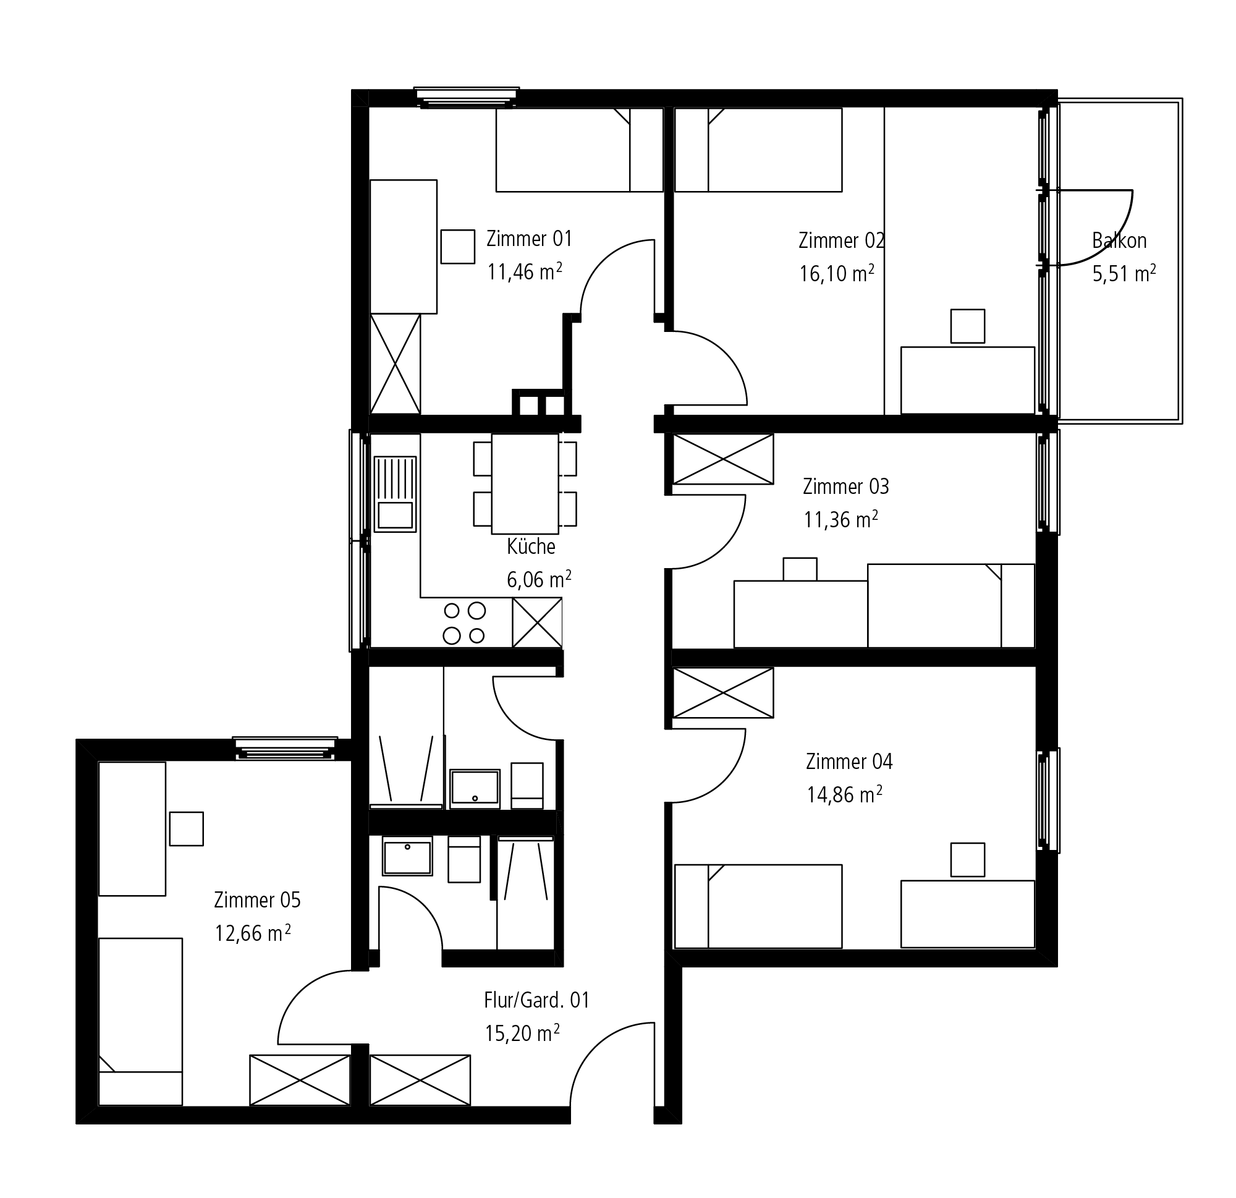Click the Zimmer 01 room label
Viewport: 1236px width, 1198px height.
pos(529,239)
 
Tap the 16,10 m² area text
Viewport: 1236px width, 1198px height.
pos(837,273)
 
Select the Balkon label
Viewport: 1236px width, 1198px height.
pos(1119,240)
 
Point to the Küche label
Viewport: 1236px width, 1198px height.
pos(531,546)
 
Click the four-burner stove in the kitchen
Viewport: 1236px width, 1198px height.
pos(465,622)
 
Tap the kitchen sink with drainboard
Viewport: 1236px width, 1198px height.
pos(396,494)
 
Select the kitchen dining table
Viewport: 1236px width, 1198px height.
pos(525,484)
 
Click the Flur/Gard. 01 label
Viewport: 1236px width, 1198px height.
pos(536,1000)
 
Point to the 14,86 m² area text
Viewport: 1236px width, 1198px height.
pos(844,794)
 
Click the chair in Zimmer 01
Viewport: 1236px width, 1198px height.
pos(458,247)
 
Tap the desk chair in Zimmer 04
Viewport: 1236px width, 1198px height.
pos(968,860)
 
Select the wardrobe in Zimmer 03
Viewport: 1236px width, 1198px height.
pos(723,459)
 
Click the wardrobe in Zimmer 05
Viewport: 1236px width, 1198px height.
pos(300,1080)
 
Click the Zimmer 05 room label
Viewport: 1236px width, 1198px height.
pos(257,899)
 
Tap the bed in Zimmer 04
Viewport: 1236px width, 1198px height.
pos(758,906)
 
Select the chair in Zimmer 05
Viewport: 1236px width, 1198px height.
pos(187,828)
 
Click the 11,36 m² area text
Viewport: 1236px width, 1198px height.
pos(841,519)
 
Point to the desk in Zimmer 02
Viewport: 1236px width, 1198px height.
pos(968,380)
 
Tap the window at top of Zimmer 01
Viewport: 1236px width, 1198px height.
pos(467,96)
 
